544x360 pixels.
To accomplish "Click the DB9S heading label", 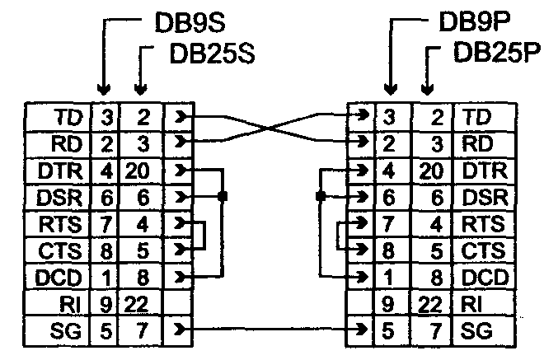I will [x=191, y=22].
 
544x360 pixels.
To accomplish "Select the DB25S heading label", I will [x=212, y=54].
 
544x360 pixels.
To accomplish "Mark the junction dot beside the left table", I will [x=223, y=196].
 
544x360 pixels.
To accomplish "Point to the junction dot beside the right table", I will [x=318, y=196].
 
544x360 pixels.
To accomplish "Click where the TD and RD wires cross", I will [x=270, y=128].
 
